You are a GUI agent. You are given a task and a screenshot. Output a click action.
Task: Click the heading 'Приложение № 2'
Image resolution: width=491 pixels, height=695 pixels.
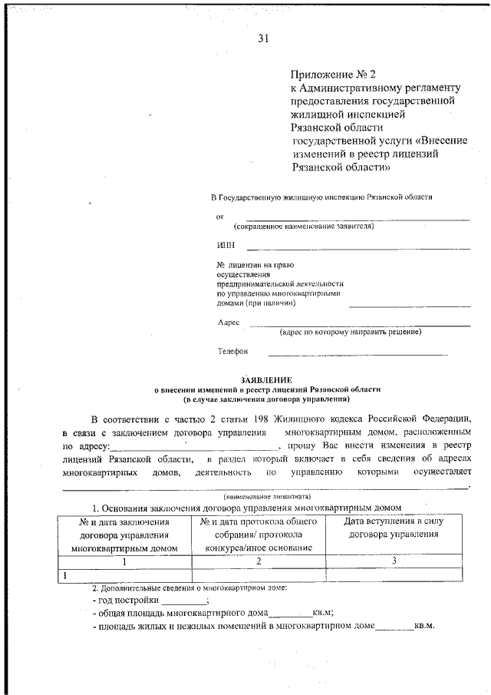(x=334, y=74)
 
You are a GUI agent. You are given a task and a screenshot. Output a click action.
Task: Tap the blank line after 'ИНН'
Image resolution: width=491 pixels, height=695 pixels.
(x=358, y=247)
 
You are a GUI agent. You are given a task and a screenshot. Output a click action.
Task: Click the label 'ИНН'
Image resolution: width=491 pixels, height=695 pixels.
(x=226, y=246)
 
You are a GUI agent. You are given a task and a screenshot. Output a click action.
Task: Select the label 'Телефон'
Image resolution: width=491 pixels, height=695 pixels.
(x=233, y=352)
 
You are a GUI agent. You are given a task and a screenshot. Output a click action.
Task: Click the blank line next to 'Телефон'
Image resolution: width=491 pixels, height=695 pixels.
(x=357, y=353)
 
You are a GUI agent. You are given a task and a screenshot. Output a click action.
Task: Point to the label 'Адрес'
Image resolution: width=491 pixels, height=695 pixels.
(x=229, y=323)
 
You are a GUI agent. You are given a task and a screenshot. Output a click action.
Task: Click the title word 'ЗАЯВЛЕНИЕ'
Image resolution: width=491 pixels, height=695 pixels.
(x=266, y=379)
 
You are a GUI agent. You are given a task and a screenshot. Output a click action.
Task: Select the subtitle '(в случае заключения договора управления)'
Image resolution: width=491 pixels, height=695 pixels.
(x=266, y=399)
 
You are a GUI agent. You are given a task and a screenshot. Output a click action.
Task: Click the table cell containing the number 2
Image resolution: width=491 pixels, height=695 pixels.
(x=259, y=561)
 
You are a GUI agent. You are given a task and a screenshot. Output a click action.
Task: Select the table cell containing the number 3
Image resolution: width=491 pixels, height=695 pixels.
(x=394, y=561)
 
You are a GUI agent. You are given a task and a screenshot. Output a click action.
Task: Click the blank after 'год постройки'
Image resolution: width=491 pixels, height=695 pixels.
(x=183, y=601)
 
